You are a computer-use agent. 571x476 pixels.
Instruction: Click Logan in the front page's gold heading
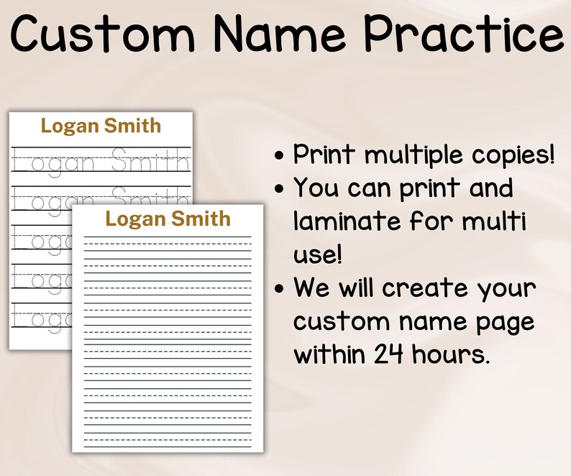pyautogui.click(x=134, y=219)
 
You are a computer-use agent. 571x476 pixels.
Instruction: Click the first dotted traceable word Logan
pyautogui.click(x=53, y=163)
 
